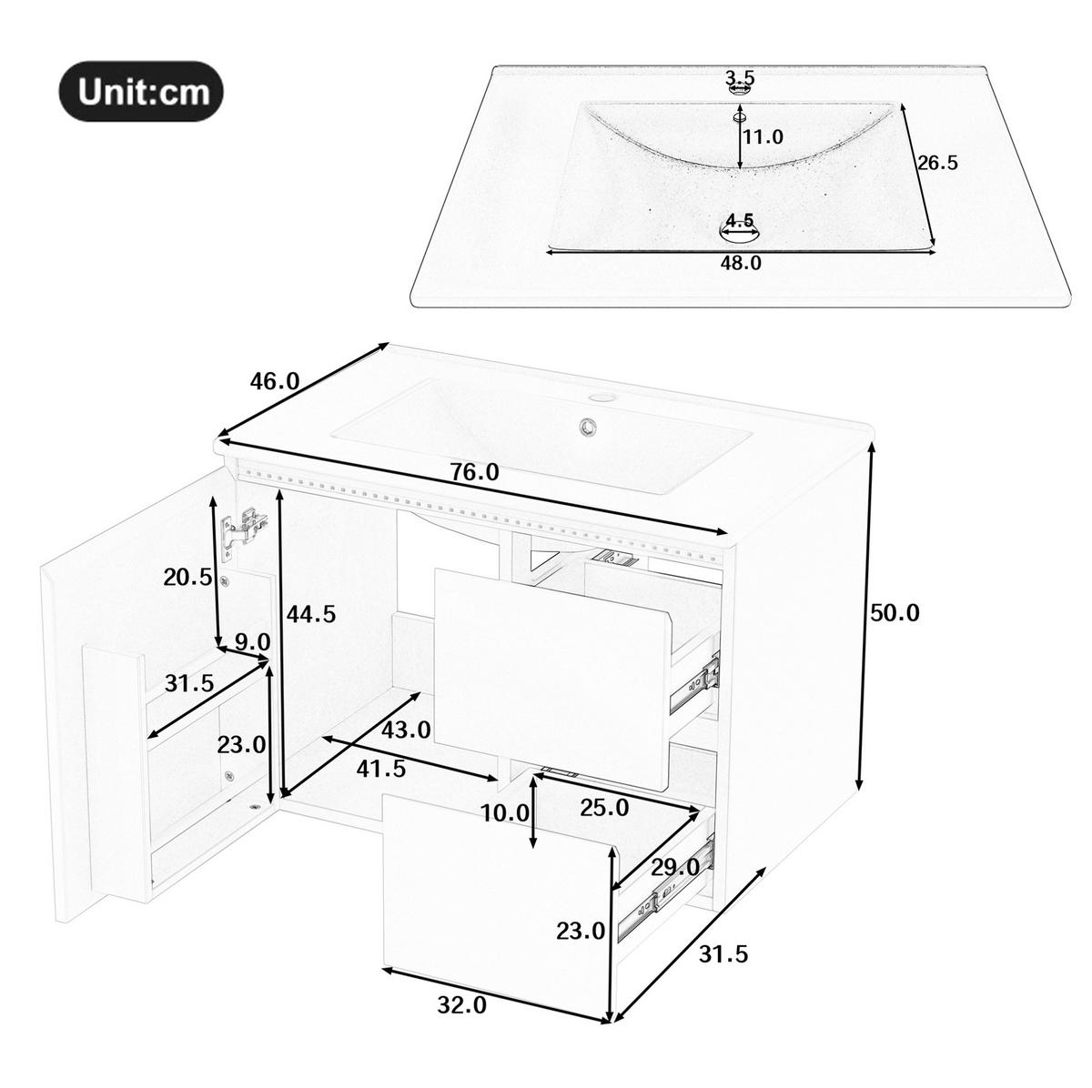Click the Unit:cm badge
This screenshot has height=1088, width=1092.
(141, 91)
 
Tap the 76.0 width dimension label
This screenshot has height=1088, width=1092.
(475, 471)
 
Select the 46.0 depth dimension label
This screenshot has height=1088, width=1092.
(275, 381)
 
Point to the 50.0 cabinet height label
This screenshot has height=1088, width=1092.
(895, 612)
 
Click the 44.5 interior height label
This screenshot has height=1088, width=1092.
(311, 614)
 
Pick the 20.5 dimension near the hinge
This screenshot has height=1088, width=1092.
(187, 578)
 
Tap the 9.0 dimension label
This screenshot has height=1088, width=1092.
(253, 642)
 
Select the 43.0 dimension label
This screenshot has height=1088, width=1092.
(406, 730)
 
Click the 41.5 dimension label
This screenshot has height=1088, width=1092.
(380, 769)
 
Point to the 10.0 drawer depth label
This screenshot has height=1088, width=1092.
(505, 814)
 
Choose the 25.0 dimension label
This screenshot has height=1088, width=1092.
(604, 808)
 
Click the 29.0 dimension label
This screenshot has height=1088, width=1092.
(675, 868)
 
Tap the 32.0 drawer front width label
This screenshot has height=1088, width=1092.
(462, 1005)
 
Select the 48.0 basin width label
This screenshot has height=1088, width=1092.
(742, 262)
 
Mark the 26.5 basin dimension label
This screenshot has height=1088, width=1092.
(937, 163)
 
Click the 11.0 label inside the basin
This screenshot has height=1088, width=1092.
(763, 136)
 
